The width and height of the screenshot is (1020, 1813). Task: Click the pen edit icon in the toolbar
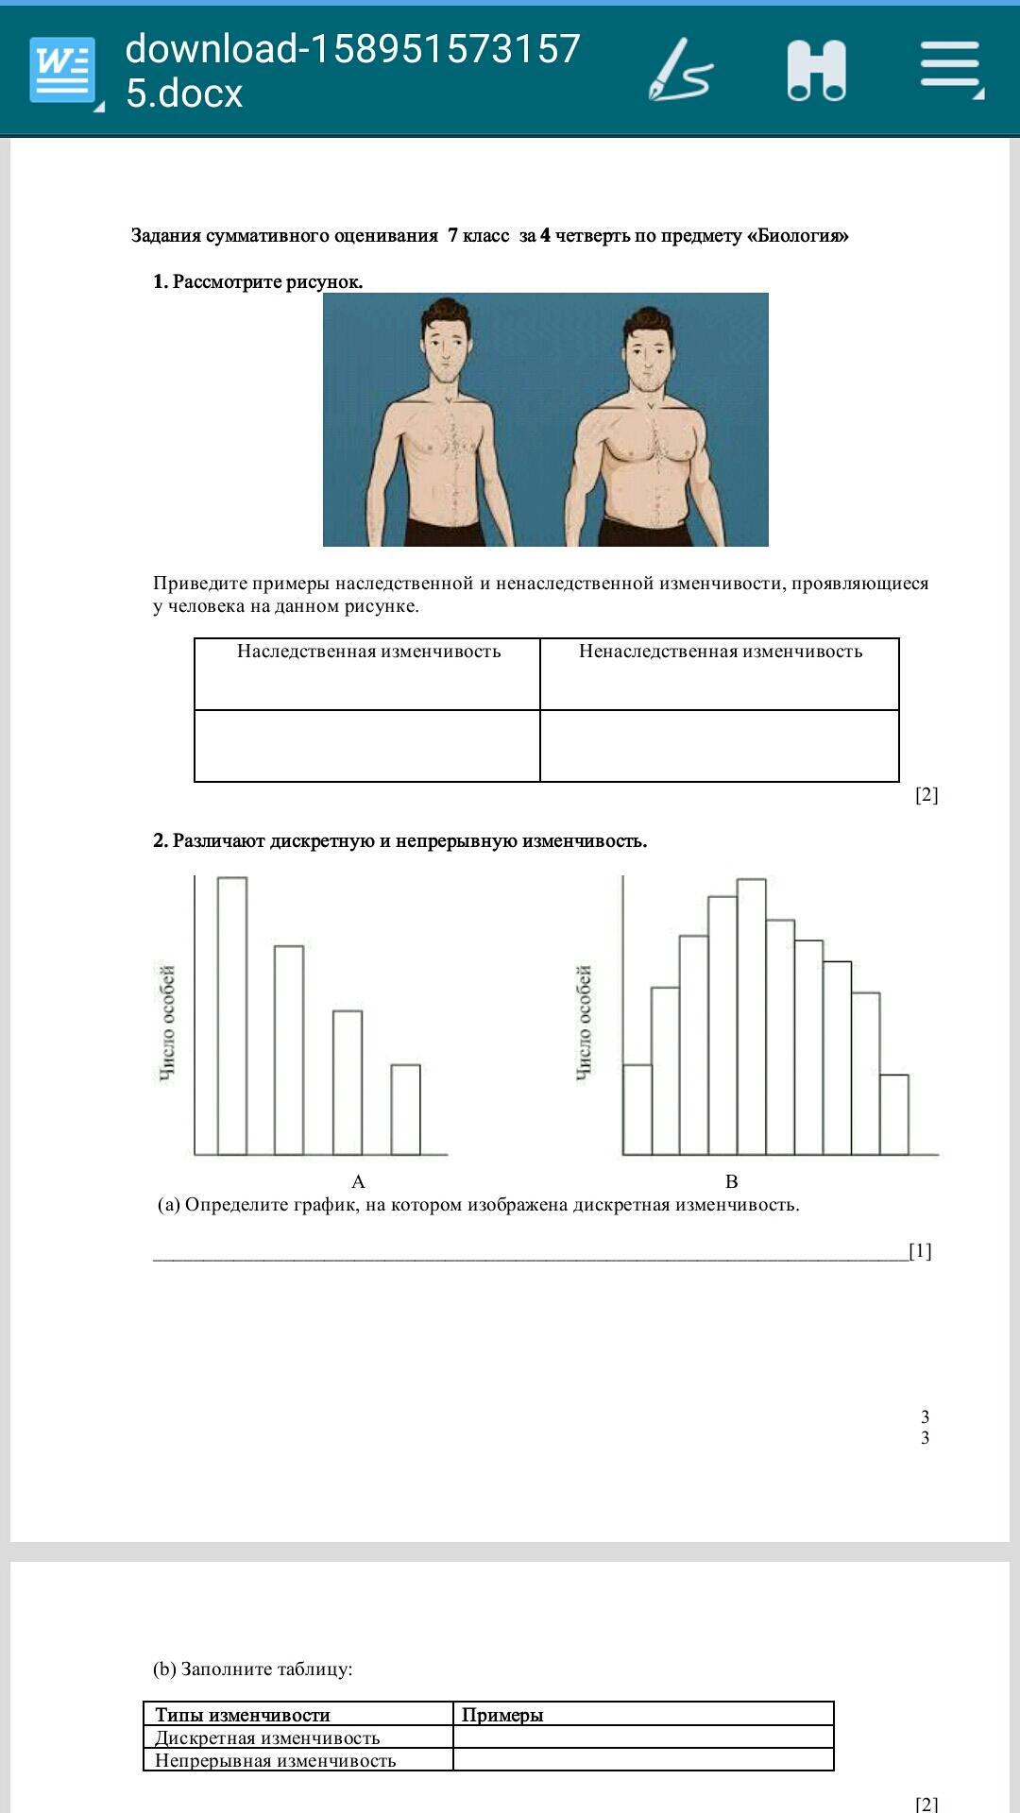pyautogui.click(x=680, y=70)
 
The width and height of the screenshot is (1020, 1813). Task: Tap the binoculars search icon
pyautogui.click(x=816, y=70)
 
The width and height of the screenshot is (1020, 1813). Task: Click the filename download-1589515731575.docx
pyautogui.click(x=352, y=71)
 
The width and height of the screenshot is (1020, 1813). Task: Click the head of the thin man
pyautogui.click(x=444, y=340)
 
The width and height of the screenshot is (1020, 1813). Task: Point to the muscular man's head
pyautogui.click(x=648, y=347)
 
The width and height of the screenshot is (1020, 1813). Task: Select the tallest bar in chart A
pyautogui.click(x=232, y=1015)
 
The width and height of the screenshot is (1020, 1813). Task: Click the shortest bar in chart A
pyautogui.click(x=406, y=1110)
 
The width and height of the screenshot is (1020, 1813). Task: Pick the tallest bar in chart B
pyautogui.click(x=751, y=1016)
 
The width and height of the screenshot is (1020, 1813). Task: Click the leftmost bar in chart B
pyautogui.click(x=637, y=1110)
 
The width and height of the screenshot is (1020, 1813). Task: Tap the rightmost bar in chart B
pyautogui.click(x=894, y=1114)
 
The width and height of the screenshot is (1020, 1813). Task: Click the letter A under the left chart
pyautogui.click(x=358, y=1181)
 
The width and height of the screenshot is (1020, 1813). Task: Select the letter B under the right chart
pyautogui.click(x=731, y=1181)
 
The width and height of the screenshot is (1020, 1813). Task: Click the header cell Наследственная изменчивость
pyautogui.click(x=368, y=652)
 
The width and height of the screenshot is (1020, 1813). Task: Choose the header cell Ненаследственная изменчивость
pyautogui.click(x=720, y=652)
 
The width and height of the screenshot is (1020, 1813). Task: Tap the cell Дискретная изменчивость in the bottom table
pyautogui.click(x=267, y=1737)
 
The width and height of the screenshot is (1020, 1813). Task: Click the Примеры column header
pyautogui.click(x=502, y=1715)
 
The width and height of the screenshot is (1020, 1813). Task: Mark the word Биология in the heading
pyautogui.click(x=797, y=236)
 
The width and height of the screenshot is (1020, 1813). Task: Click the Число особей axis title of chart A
pyautogui.click(x=167, y=1024)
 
